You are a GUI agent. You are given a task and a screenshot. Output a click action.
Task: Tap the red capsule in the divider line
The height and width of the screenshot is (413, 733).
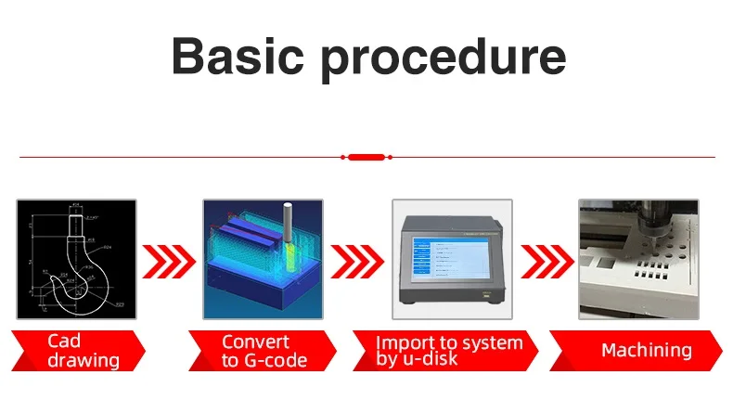(366, 158)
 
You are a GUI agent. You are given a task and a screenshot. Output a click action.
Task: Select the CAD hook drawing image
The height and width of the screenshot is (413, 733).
(76, 260)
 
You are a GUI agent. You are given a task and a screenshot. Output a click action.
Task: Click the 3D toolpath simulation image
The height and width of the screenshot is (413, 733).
(263, 260)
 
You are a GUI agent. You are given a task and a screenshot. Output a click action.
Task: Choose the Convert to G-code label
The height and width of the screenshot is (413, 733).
(264, 350)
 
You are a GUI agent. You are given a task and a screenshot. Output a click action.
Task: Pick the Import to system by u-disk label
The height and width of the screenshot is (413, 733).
(448, 350)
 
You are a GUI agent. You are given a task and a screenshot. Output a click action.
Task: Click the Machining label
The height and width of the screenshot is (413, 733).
(646, 350)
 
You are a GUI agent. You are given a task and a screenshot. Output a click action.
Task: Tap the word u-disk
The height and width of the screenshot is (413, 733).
(428, 358)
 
